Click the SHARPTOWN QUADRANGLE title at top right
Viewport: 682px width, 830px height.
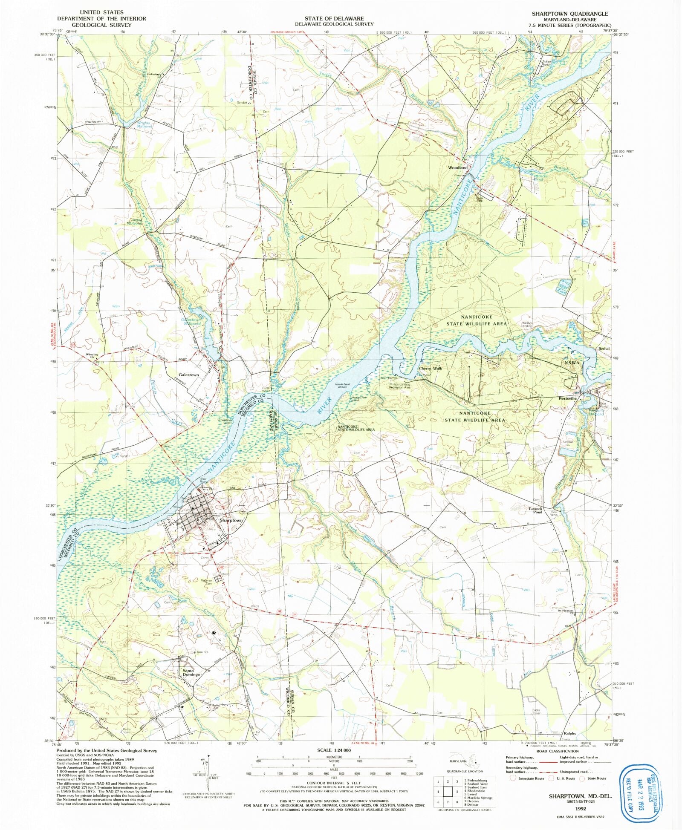(x=569, y=14)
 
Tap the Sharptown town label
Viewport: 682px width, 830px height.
(x=231, y=520)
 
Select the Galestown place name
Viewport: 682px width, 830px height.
(x=188, y=375)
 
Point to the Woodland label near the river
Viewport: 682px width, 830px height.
(x=458, y=167)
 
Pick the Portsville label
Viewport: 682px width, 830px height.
(x=567, y=398)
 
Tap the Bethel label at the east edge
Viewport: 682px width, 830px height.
(x=604, y=349)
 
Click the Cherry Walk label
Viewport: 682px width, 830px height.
(x=431, y=369)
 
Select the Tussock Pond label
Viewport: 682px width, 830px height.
(x=535, y=510)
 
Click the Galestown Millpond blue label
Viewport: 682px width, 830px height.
(x=191, y=322)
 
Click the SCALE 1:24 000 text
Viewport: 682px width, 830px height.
(x=334, y=750)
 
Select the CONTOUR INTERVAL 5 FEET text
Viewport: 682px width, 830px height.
(x=334, y=783)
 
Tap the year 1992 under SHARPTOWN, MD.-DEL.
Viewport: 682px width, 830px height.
(x=580, y=808)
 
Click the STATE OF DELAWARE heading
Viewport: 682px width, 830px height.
(x=334, y=18)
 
